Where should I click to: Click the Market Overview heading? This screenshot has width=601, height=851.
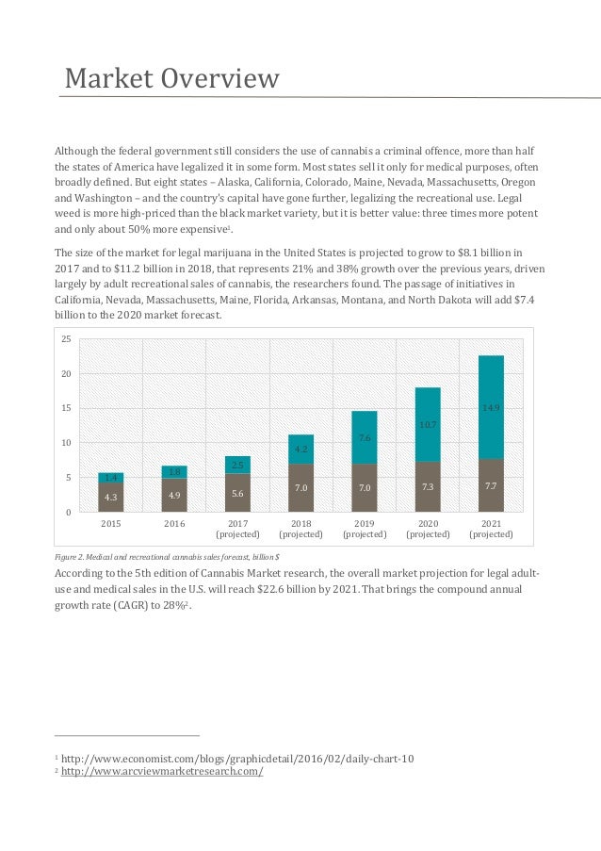click(x=171, y=78)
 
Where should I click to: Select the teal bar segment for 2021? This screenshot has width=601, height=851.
click(x=491, y=407)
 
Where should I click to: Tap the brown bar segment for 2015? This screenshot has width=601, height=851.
click(x=111, y=497)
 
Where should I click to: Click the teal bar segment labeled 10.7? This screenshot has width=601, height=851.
click(x=428, y=424)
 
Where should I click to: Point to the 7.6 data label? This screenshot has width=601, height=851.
click(x=364, y=438)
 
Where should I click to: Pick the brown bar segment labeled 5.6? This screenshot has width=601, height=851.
click(x=237, y=493)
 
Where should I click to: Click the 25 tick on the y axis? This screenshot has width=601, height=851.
click(x=66, y=339)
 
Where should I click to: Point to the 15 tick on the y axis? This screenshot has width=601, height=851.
click(x=66, y=408)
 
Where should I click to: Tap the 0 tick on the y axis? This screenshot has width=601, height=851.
click(x=69, y=512)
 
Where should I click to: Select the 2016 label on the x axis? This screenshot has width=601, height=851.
click(x=174, y=523)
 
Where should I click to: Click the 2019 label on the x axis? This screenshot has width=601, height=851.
click(x=365, y=523)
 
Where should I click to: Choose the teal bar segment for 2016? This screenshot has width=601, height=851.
click(x=174, y=471)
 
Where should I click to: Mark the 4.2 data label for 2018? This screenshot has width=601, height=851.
click(x=300, y=450)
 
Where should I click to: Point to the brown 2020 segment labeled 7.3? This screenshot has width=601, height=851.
click(x=428, y=487)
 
